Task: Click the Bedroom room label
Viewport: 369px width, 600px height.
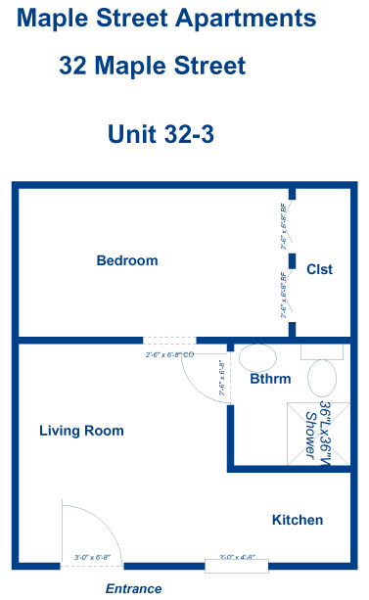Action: point(126,260)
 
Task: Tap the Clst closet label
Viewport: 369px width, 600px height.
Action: point(319,270)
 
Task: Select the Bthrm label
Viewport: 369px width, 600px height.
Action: point(269,378)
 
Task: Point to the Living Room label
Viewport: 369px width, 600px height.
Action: point(81,431)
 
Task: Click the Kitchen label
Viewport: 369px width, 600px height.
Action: point(297,520)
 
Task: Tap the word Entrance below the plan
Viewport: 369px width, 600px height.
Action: point(133,588)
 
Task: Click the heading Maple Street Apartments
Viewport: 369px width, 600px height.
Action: point(166,18)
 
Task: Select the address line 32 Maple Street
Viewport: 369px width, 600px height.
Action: point(152,66)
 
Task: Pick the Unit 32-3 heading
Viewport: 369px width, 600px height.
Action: point(161,133)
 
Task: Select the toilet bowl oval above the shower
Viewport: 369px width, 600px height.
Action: point(323,376)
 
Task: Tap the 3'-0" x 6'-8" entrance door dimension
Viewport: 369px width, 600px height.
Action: point(92,557)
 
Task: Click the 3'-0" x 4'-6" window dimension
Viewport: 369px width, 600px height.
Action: point(237,557)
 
